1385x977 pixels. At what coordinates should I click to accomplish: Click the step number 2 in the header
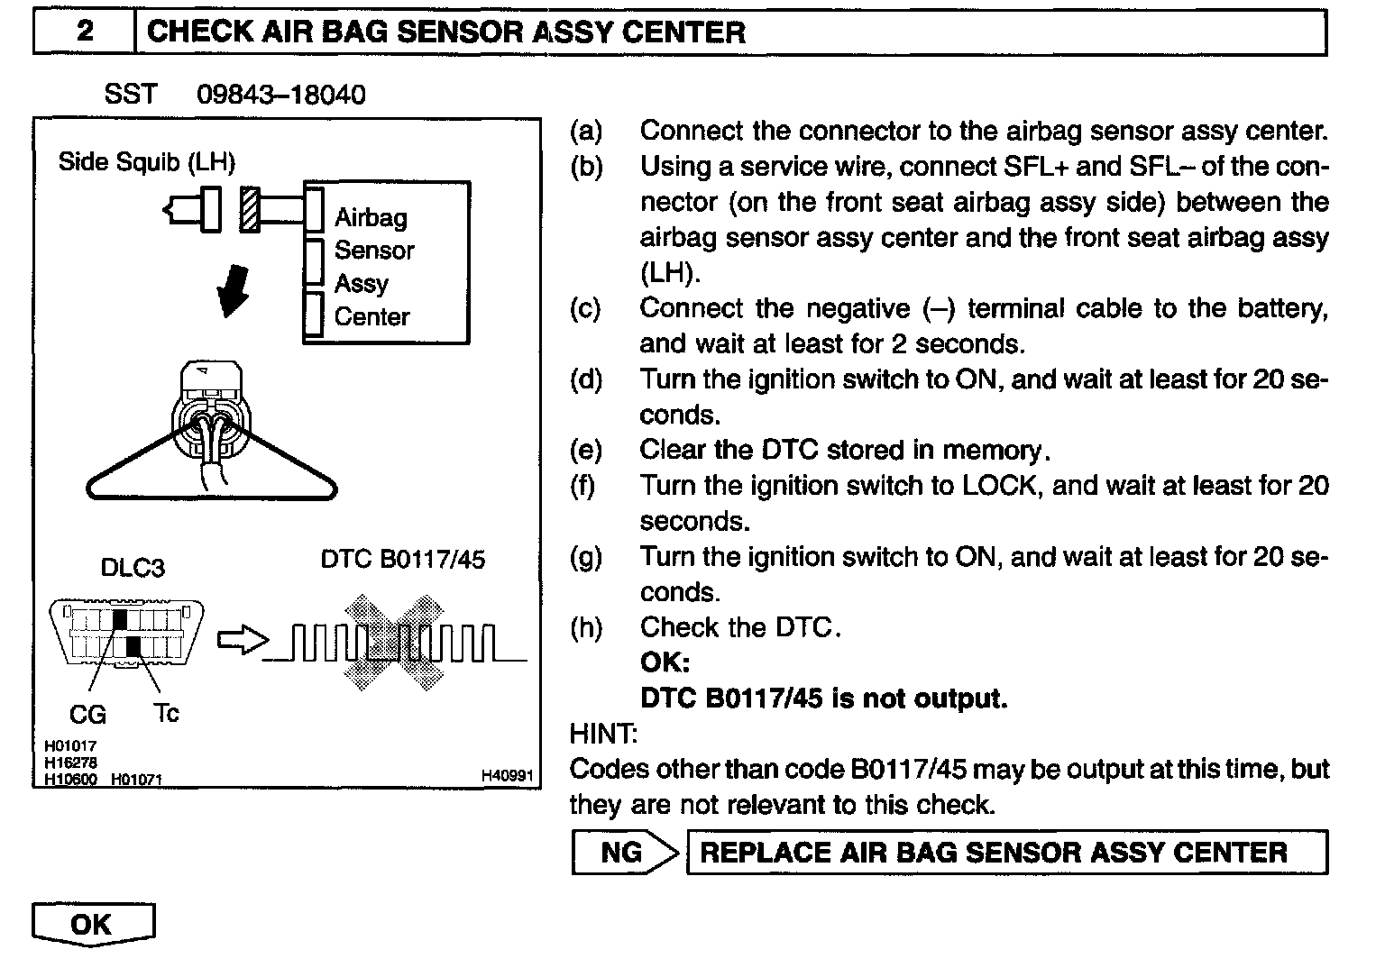pos(84,32)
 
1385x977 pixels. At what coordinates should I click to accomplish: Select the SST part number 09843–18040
pos(280,95)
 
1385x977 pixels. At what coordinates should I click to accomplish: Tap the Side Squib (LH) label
pos(146,162)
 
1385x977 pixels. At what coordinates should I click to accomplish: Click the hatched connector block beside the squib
pos(250,209)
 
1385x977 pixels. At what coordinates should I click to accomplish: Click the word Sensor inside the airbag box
pos(374,251)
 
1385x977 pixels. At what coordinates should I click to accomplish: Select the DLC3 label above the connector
pos(133,568)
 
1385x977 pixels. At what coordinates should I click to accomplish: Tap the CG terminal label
pos(87,715)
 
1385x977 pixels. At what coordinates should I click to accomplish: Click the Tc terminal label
pos(166,714)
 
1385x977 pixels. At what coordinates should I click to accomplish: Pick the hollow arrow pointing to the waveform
pos(243,641)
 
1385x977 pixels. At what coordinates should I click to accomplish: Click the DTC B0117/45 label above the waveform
pos(402,560)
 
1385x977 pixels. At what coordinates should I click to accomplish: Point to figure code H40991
pos(507,776)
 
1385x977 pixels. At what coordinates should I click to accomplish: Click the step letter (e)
pos(585,450)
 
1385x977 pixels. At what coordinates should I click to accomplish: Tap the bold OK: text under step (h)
pos(665,663)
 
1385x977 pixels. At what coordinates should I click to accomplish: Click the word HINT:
pos(603,734)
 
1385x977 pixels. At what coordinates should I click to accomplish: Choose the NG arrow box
pos(624,853)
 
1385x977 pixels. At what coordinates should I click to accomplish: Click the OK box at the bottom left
pos(92,925)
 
